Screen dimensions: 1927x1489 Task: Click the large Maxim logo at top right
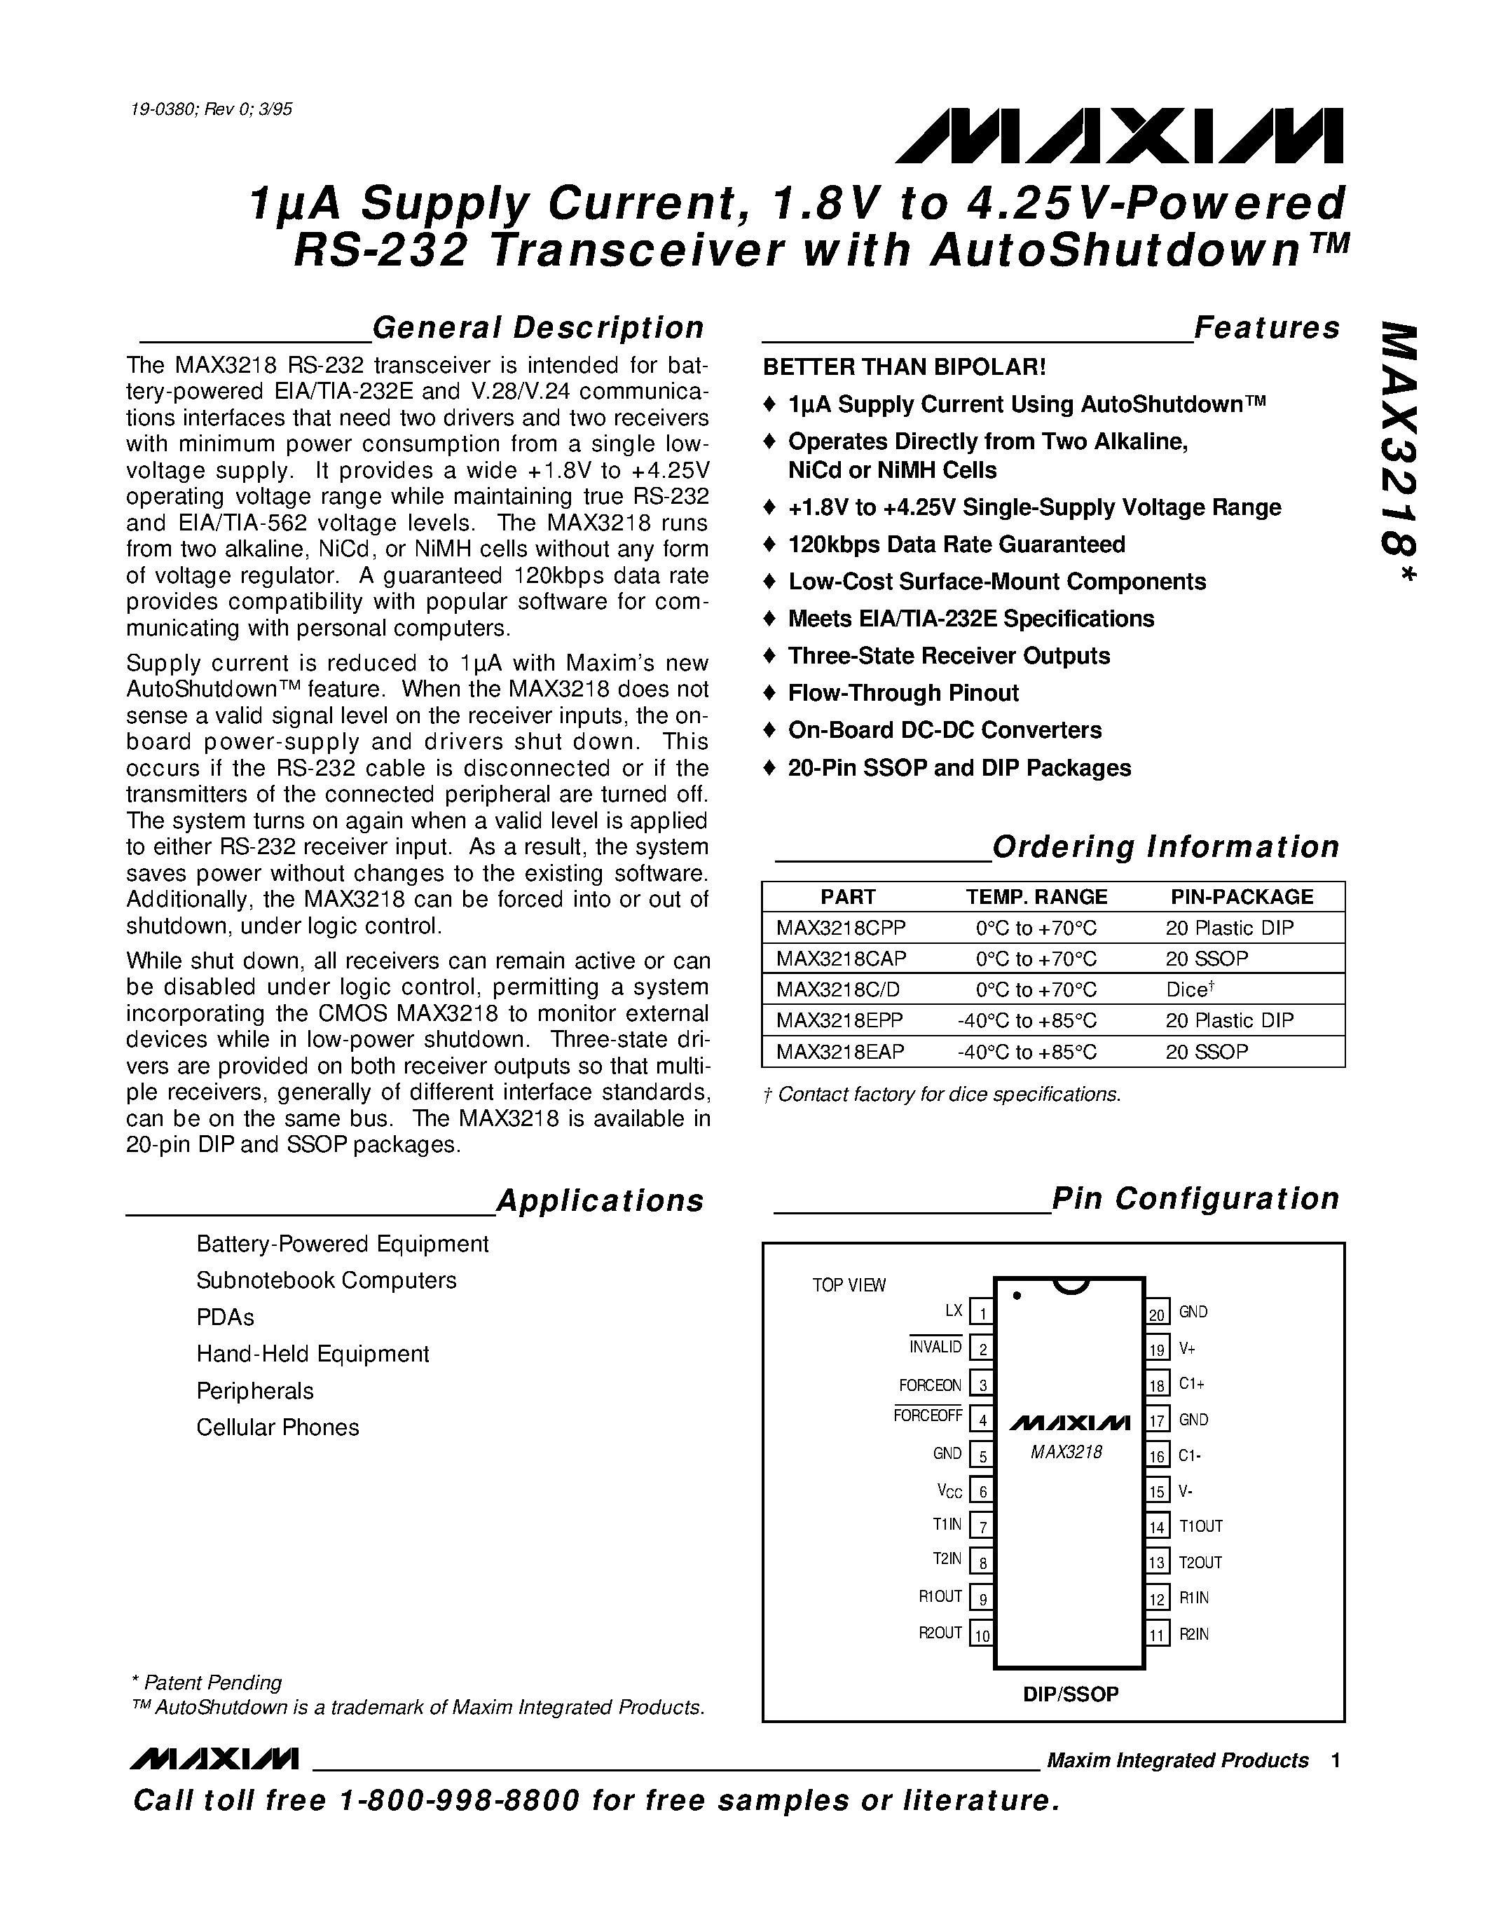(1118, 137)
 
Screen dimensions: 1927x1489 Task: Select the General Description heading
(538, 327)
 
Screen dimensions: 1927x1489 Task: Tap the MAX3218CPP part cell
(841, 927)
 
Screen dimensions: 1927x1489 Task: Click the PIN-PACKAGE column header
(1241, 896)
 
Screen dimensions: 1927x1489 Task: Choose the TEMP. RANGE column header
(1036, 896)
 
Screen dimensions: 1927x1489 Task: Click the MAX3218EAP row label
(839, 1051)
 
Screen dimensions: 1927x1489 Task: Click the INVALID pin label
(936, 1347)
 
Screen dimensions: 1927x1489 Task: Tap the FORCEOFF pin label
(928, 1416)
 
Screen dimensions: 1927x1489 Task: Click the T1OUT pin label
(1200, 1526)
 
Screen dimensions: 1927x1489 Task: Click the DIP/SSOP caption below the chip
(1070, 1694)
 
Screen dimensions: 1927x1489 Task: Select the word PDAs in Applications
(225, 1317)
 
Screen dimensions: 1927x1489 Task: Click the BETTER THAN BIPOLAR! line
(904, 367)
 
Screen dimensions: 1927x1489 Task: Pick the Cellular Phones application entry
(278, 1427)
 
